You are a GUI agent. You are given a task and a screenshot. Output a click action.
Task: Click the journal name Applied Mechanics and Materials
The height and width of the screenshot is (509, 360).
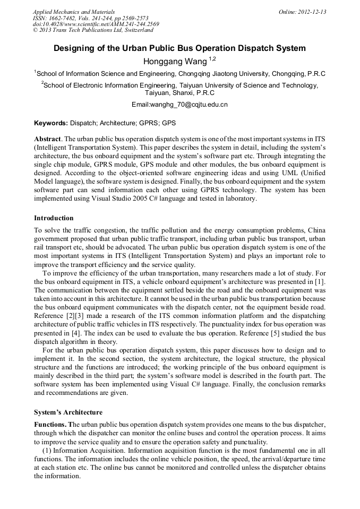tap(73, 12)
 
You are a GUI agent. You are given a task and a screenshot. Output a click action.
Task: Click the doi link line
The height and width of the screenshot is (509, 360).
tap(96, 24)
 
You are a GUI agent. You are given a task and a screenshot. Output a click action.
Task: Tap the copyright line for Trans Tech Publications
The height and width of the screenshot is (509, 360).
tap(93, 30)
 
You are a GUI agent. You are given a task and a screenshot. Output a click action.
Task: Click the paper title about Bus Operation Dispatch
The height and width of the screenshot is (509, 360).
tap(179, 48)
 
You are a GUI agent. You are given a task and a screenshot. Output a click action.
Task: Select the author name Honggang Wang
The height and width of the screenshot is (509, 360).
tap(175, 62)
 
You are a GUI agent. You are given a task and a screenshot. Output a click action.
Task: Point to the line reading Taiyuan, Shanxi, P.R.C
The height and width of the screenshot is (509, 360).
tap(179, 92)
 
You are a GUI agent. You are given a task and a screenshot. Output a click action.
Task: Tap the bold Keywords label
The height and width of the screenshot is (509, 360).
tap(51, 123)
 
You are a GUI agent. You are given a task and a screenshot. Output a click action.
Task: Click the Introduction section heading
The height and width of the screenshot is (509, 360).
tap(54, 218)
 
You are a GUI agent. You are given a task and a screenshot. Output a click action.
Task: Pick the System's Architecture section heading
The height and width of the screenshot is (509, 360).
tap(68, 412)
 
